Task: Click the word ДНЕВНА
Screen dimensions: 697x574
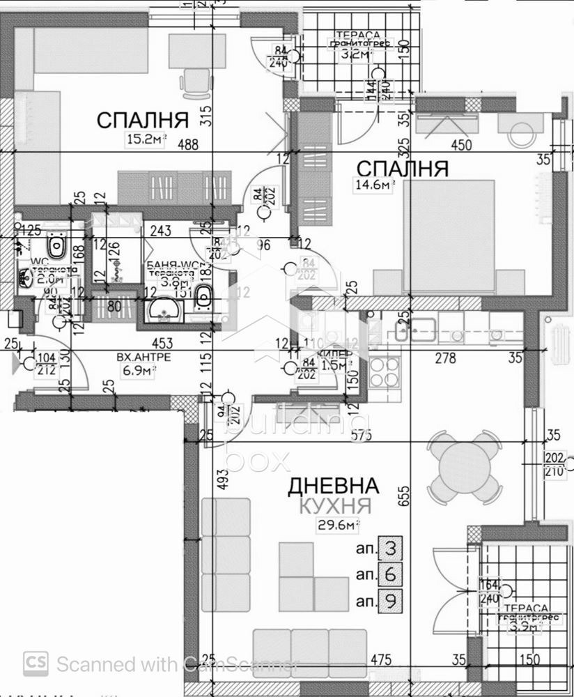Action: tap(334, 486)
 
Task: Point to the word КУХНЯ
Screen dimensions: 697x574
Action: tap(336, 507)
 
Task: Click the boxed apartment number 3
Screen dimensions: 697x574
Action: tap(390, 549)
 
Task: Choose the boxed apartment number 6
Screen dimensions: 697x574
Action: tap(390, 574)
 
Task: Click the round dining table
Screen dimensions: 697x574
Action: tap(464, 466)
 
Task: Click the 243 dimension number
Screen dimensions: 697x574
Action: tap(160, 231)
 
